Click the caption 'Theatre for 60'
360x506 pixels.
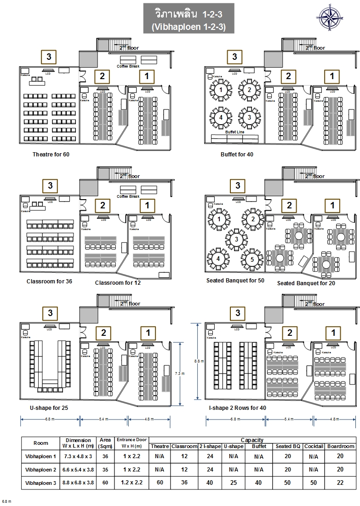click(x=51, y=154)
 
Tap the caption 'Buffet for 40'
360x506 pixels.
click(x=237, y=154)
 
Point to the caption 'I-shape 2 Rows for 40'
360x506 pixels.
click(x=237, y=408)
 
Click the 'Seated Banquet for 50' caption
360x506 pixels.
click(x=236, y=280)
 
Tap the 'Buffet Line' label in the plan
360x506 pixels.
click(x=234, y=132)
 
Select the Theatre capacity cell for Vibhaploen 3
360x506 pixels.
click(x=160, y=483)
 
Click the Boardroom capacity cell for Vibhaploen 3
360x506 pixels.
click(x=341, y=483)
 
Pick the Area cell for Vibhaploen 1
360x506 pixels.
click(x=105, y=456)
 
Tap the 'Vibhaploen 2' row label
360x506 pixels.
click(x=40, y=470)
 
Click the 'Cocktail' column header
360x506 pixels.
click(x=314, y=446)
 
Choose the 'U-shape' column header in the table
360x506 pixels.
click(x=234, y=446)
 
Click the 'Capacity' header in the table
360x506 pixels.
click(x=252, y=440)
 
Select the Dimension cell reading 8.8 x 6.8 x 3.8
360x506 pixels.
click(x=78, y=483)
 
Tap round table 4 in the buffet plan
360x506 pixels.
click(x=221, y=117)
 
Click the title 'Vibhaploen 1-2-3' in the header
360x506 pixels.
click(x=189, y=27)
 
